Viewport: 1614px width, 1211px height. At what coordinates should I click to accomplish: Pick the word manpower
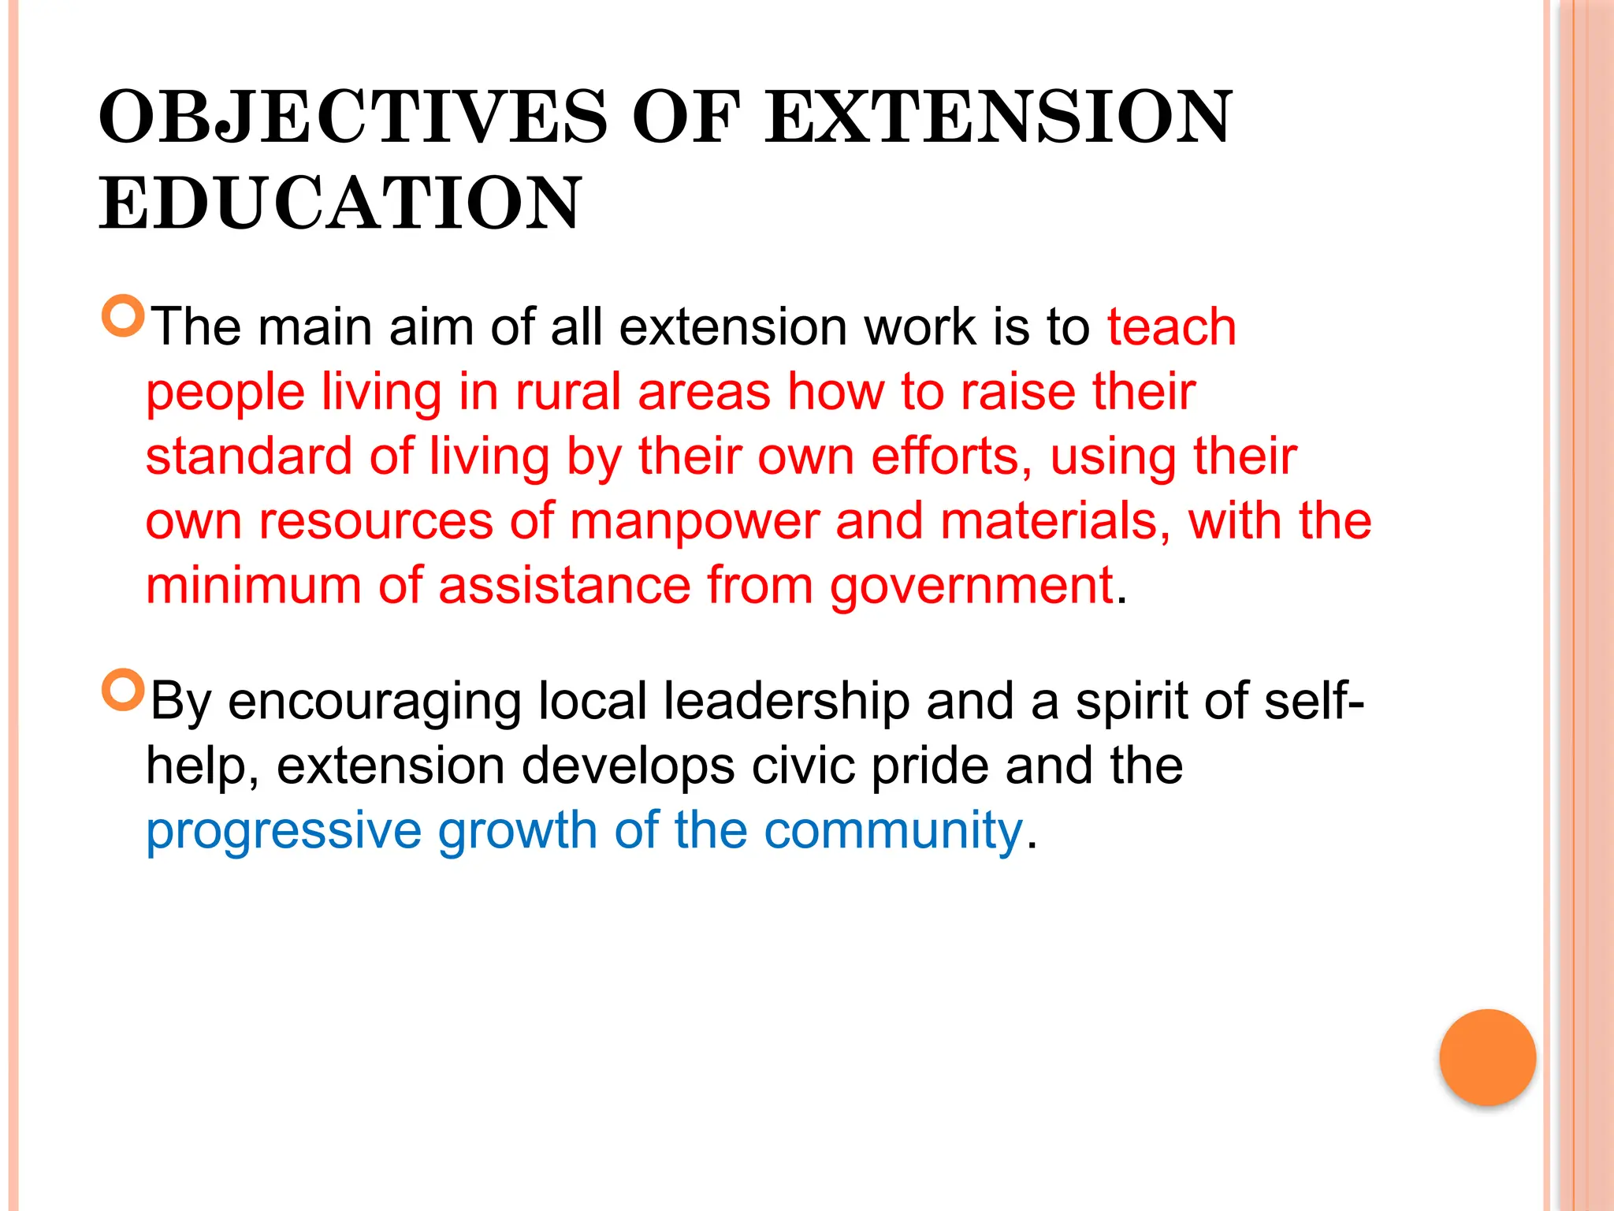694,522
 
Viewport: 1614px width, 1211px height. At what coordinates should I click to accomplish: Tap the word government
971,587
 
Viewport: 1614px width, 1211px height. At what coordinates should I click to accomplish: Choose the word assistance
564,586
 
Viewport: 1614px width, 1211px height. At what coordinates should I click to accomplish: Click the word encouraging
374,702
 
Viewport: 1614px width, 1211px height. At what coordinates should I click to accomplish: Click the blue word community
893,831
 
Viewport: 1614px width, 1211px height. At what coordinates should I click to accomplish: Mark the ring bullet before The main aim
123,316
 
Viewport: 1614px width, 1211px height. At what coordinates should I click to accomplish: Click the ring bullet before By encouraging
123,690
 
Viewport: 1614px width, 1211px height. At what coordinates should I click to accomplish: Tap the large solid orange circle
1487,1057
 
